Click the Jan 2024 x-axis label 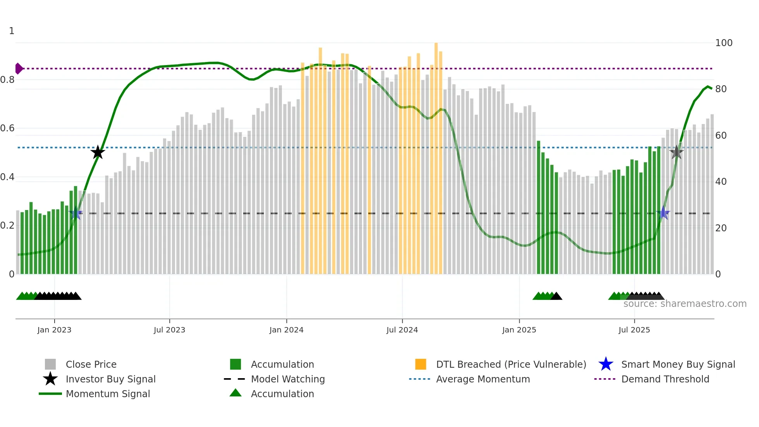click(286, 330)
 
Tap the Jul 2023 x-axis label click(169, 330)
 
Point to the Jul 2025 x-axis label click(634, 330)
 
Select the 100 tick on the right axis click(723, 43)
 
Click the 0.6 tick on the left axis click(7, 128)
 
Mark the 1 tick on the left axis click(12, 31)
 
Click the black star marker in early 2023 click(98, 152)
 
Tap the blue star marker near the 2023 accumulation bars click(76, 213)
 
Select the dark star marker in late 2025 click(676, 152)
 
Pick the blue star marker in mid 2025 click(663, 213)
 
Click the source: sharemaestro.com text click(685, 304)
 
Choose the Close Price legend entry click(91, 364)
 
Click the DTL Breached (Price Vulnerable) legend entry click(511, 364)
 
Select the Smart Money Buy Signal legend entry click(678, 364)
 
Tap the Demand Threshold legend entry click(665, 379)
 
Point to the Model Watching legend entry click(287, 379)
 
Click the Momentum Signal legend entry click(108, 394)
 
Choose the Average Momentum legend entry click(483, 379)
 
